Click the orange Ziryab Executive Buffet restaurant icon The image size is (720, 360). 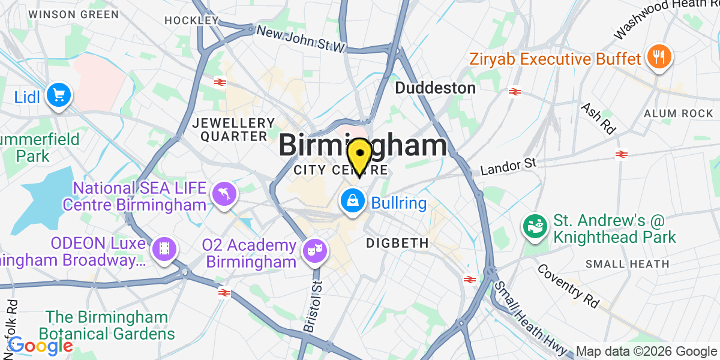659,58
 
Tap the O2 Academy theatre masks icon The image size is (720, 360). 312,248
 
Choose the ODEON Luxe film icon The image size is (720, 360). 163,247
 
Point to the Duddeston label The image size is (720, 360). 435,88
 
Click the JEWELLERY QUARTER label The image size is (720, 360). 230,130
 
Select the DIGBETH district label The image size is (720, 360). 398,243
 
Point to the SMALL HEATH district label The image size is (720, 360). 627,263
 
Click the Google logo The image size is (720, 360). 40,345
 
